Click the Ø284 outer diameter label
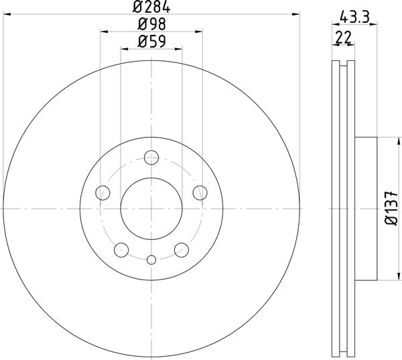pyautogui.click(x=151, y=8)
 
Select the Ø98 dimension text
pyautogui.click(x=151, y=25)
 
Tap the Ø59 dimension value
pyautogui.click(x=151, y=42)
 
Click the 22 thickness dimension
pyautogui.click(x=344, y=38)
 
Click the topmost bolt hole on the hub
pyautogui.click(x=151, y=158)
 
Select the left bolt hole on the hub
pyautogui.click(x=103, y=194)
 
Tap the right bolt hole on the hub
pyautogui.click(x=200, y=194)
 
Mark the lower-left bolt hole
pyautogui.click(x=121, y=250)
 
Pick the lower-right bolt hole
pyautogui.click(x=181, y=250)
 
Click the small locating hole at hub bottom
pyautogui.click(x=151, y=260)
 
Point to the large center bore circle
pyautogui.click(x=151, y=208)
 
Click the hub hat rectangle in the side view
pyautogui.click(x=367, y=208)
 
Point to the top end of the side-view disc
pyautogui.click(x=344, y=64)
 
